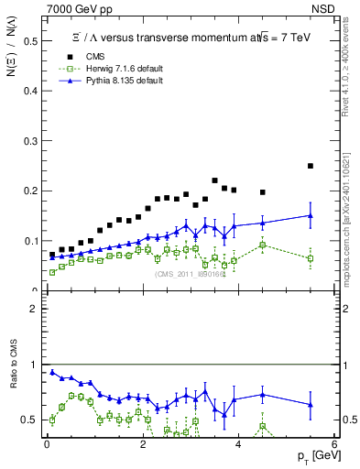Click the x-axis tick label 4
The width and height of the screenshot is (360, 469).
click(238, 445)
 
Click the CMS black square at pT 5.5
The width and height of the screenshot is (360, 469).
click(311, 166)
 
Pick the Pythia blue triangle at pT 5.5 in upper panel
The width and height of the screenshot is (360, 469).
click(311, 215)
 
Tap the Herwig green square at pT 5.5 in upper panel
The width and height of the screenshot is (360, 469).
click(311, 258)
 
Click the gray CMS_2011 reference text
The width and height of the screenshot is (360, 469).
click(190, 274)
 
